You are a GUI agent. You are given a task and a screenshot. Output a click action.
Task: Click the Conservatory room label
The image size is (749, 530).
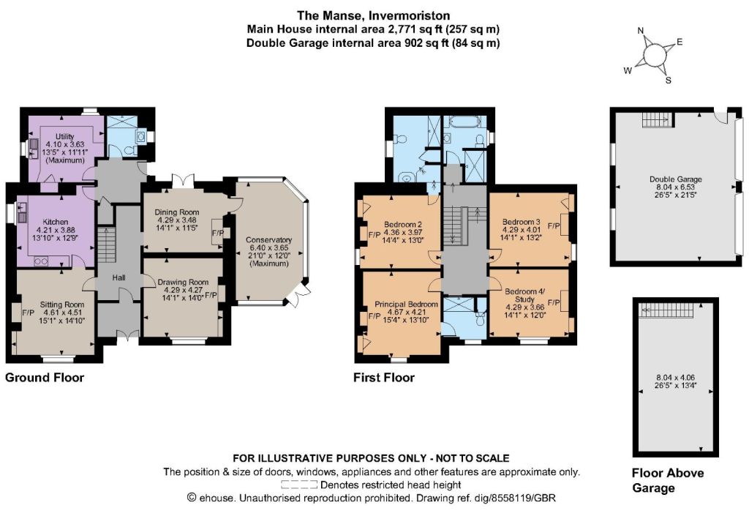click(268, 240)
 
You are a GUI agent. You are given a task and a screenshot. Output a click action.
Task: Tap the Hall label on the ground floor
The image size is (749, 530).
click(119, 277)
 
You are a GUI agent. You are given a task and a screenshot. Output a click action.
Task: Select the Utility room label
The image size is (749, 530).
click(64, 137)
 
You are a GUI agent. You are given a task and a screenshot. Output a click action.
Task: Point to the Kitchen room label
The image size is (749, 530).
click(56, 222)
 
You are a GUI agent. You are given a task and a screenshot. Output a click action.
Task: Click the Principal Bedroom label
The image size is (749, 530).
click(406, 304)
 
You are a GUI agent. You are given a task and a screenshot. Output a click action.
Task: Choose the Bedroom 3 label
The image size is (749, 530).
click(521, 222)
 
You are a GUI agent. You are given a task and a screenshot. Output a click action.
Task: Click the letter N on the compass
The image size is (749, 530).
click(641, 31)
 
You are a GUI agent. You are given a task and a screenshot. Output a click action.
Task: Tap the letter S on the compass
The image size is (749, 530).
click(669, 81)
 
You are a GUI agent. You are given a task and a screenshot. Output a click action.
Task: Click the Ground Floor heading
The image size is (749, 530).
click(45, 378)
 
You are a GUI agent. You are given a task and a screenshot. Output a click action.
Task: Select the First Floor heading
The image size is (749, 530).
click(384, 378)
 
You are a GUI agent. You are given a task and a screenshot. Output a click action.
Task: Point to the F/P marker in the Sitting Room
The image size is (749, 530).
click(29, 313)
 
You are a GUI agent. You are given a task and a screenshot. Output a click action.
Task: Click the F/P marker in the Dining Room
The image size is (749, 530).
click(218, 233)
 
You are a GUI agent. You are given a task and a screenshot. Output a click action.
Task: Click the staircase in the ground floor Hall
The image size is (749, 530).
click(107, 245)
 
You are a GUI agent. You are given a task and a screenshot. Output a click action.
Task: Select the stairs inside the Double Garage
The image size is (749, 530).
click(658, 119)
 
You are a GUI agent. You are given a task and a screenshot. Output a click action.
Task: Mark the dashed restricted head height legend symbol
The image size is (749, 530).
click(299, 485)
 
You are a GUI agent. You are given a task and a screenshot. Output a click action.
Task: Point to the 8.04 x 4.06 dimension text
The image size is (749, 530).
click(675, 377)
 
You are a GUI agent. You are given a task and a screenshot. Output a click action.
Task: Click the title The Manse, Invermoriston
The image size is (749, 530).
click(374, 16)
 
